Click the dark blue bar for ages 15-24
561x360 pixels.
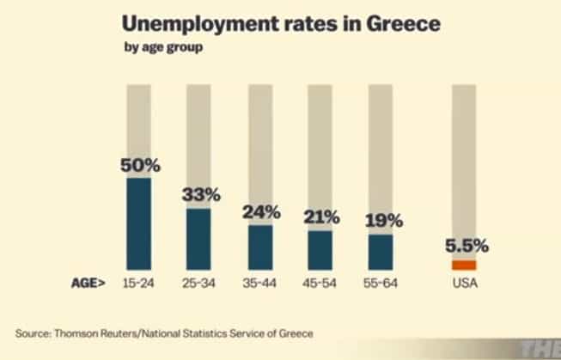[139, 223]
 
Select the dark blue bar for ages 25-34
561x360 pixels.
[198, 239]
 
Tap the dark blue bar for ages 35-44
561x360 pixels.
[260, 247]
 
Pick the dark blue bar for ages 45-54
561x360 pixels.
[320, 250]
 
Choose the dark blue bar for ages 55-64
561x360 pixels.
[381, 252]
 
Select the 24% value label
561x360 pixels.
[260, 211]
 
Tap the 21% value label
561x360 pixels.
[322, 217]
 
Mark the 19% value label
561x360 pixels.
[382, 219]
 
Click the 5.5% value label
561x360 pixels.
[466, 246]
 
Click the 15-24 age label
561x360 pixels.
[139, 283]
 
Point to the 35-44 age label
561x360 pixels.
[260, 283]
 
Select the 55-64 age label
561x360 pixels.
[381, 283]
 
